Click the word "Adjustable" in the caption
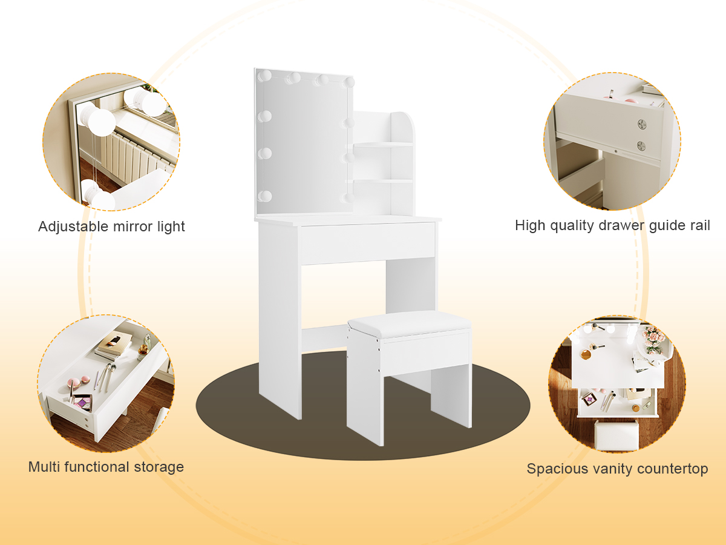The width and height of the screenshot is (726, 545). pyautogui.click(x=73, y=226)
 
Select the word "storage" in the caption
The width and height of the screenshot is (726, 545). pyautogui.click(x=159, y=467)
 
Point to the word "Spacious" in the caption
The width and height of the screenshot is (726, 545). pyautogui.click(x=554, y=469)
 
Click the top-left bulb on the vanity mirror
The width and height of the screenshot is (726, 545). pyautogui.click(x=264, y=76)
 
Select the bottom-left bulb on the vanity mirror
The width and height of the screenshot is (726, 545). pyautogui.click(x=264, y=196)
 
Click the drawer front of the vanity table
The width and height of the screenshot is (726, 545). pyautogui.click(x=367, y=243)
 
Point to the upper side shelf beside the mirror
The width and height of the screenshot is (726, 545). pyautogui.click(x=383, y=145)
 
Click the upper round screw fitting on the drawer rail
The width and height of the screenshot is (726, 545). pyautogui.click(x=641, y=124)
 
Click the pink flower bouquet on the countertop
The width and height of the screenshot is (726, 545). pyautogui.click(x=653, y=339)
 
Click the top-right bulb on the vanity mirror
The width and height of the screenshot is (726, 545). pyautogui.click(x=348, y=82)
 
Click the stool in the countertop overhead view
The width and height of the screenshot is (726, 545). pyautogui.click(x=616, y=434)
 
